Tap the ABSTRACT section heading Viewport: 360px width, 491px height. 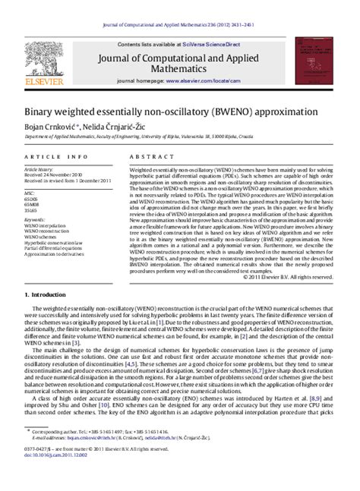click(153, 155)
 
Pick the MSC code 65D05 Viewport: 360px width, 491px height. click(31, 197)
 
